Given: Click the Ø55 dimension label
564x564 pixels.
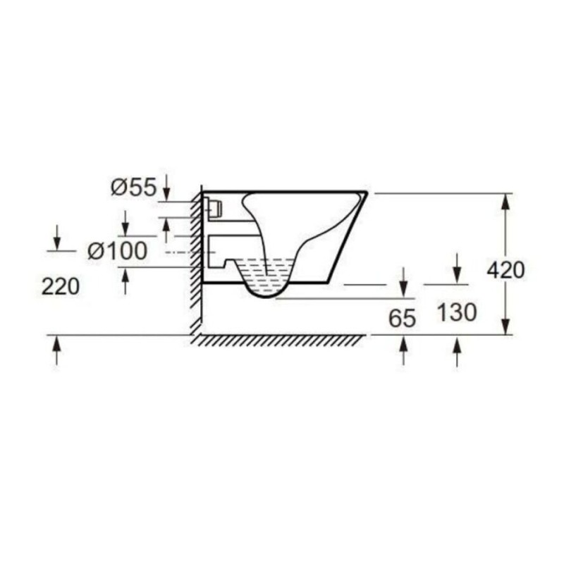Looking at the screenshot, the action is click(134, 188).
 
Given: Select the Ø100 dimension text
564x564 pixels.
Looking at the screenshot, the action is click(118, 251).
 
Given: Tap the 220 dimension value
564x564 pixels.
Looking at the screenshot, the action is click(61, 287).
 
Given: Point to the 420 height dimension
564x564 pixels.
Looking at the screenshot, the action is click(505, 270).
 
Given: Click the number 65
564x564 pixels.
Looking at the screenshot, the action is click(402, 318).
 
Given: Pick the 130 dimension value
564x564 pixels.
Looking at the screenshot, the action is click(457, 312).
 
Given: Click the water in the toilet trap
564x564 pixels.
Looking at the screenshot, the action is click(266, 275).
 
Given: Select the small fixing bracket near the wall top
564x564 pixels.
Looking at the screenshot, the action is click(215, 208).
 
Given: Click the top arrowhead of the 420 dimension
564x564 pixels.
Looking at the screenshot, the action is click(505, 202).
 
